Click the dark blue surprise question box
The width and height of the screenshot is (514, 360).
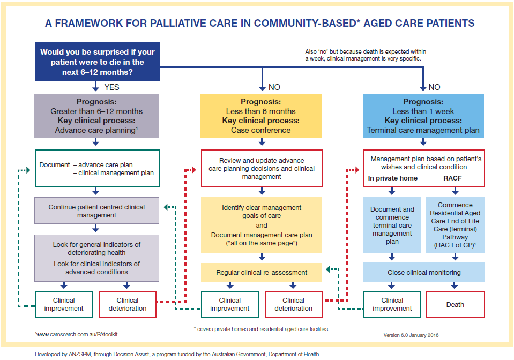coord(97,62)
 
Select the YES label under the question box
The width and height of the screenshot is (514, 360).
coord(111,87)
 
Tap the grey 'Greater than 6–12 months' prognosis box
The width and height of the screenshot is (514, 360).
coord(97,116)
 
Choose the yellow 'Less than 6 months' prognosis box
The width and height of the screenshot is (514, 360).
coord(260,116)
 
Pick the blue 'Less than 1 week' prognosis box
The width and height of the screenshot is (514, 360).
coord(423,116)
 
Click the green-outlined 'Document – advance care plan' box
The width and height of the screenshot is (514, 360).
coord(97,168)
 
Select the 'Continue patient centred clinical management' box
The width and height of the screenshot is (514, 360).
coord(97,211)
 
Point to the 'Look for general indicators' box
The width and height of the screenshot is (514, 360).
coord(97,258)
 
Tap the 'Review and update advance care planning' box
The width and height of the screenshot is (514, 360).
coord(262,168)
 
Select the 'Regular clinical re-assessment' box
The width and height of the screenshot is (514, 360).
coord(262,272)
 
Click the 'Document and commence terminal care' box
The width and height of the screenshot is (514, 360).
coord(392,225)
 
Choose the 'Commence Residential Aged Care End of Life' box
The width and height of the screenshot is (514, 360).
coord(455,225)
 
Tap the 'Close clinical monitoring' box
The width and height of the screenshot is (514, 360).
coord(424,272)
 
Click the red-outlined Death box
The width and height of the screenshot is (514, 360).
coord(455,304)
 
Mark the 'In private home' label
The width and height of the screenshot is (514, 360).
coord(393,178)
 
